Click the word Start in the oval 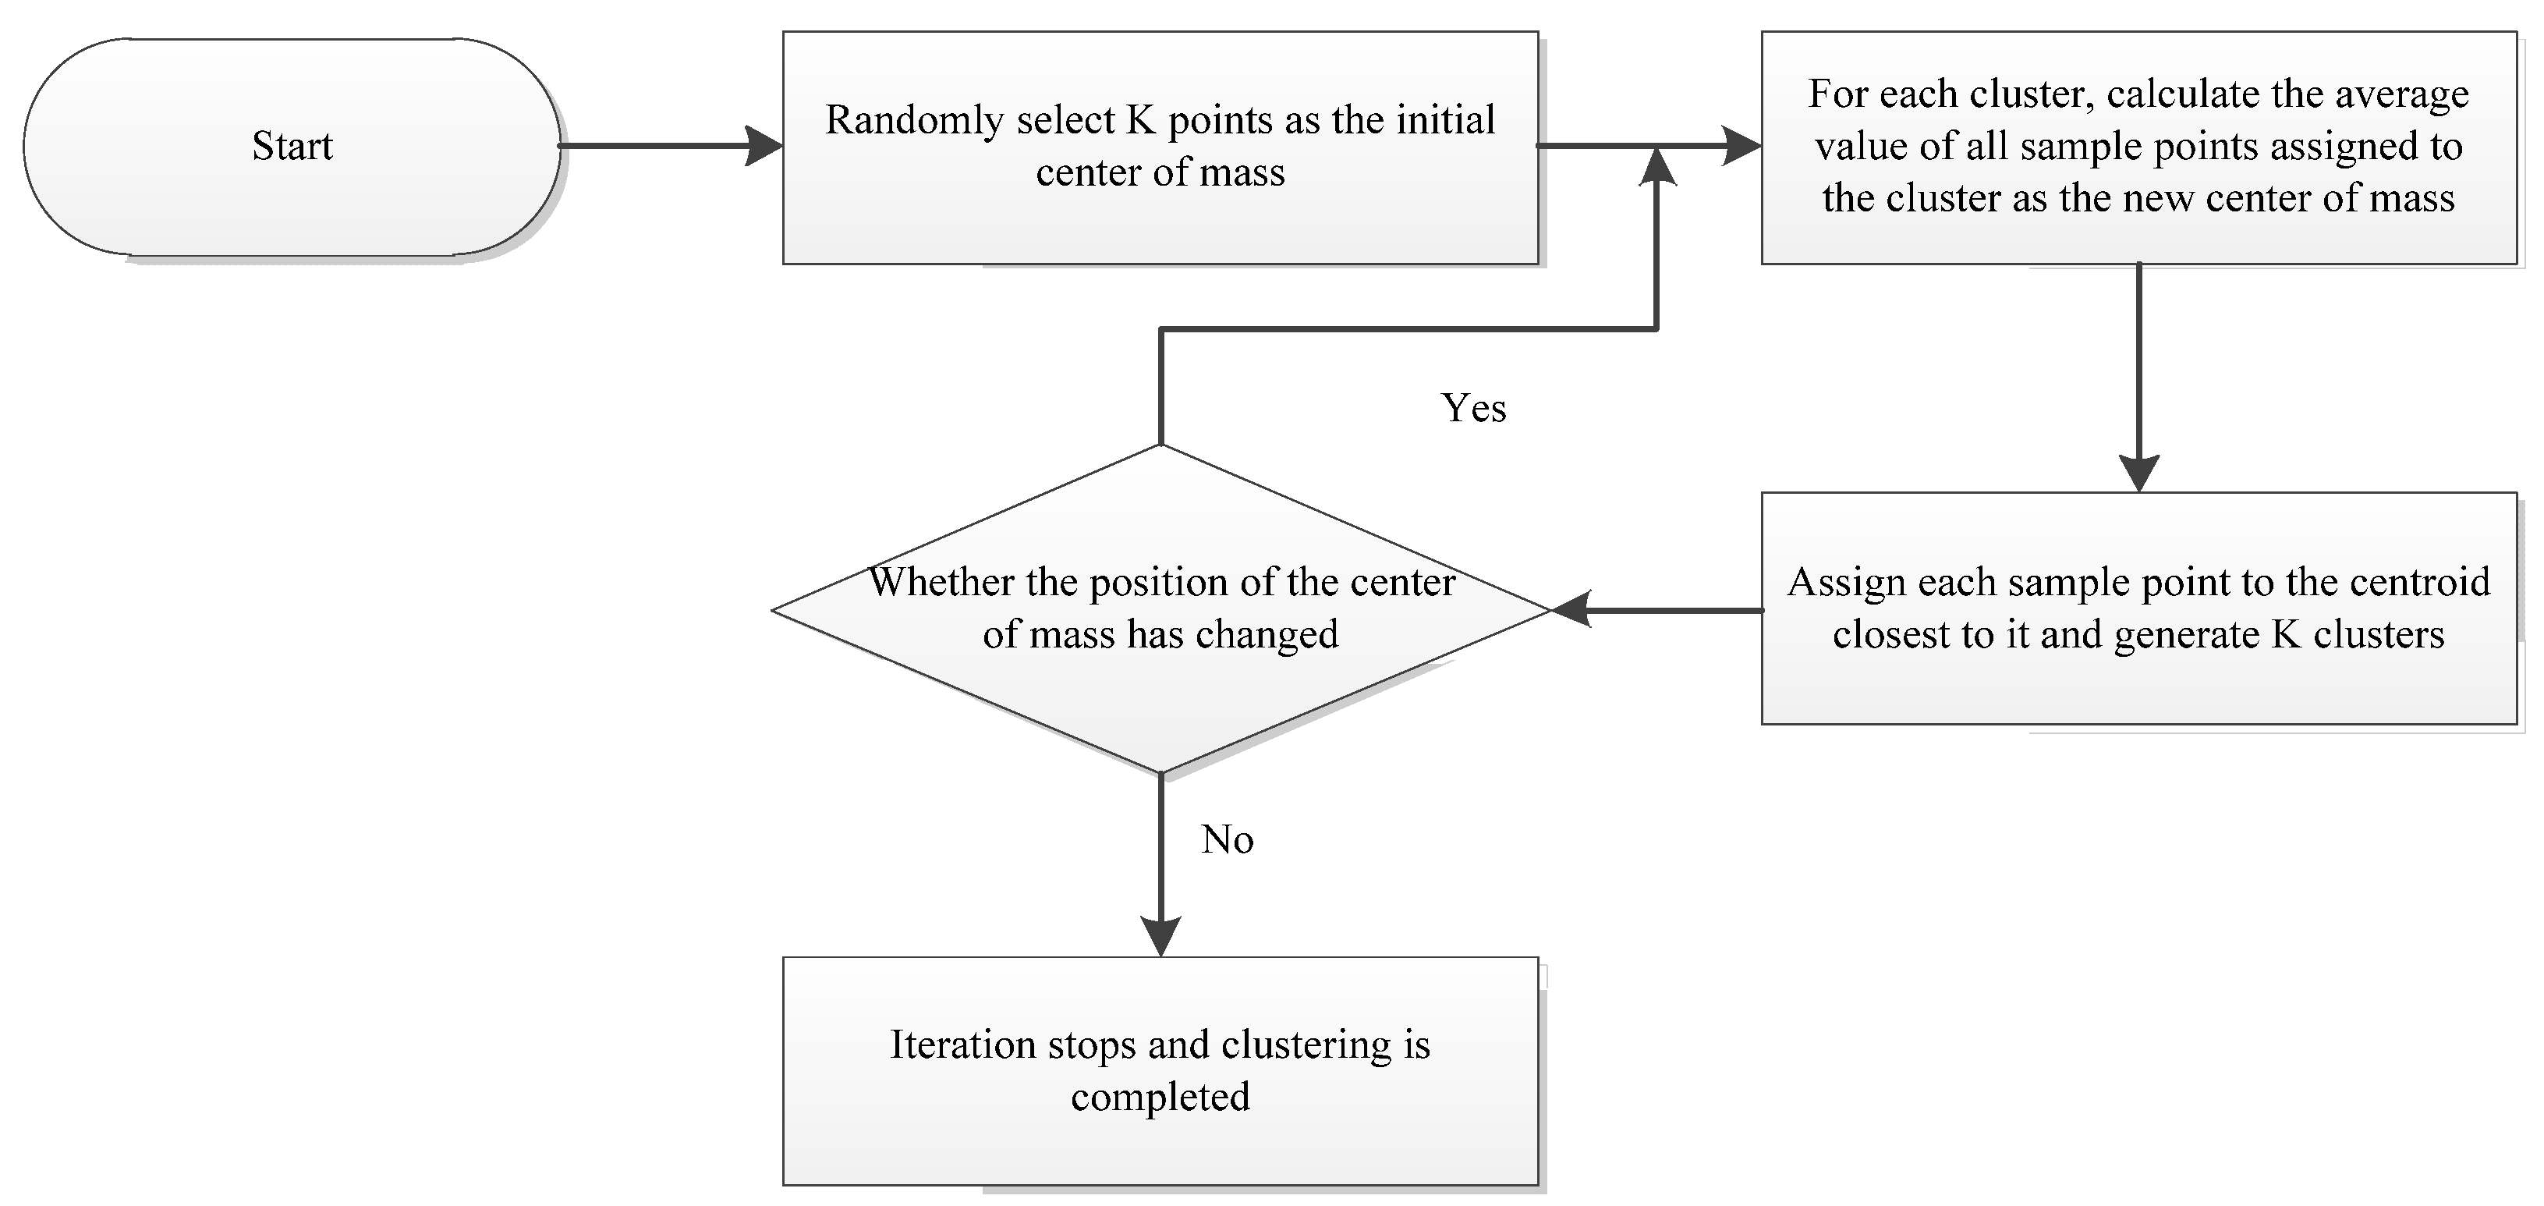click(292, 146)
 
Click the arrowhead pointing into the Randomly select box click(765, 146)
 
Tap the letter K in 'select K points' click(1141, 119)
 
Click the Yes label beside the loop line click(1473, 408)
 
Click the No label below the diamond click(1228, 839)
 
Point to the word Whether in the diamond click(942, 582)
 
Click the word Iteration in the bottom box click(963, 1045)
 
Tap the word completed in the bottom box click(1160, 1098)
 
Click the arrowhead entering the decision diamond click(1572, 610)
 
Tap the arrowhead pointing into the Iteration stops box click(1160, 936)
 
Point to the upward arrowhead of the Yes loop click(1657, 168)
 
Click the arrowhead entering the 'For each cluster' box click(1742, 146)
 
